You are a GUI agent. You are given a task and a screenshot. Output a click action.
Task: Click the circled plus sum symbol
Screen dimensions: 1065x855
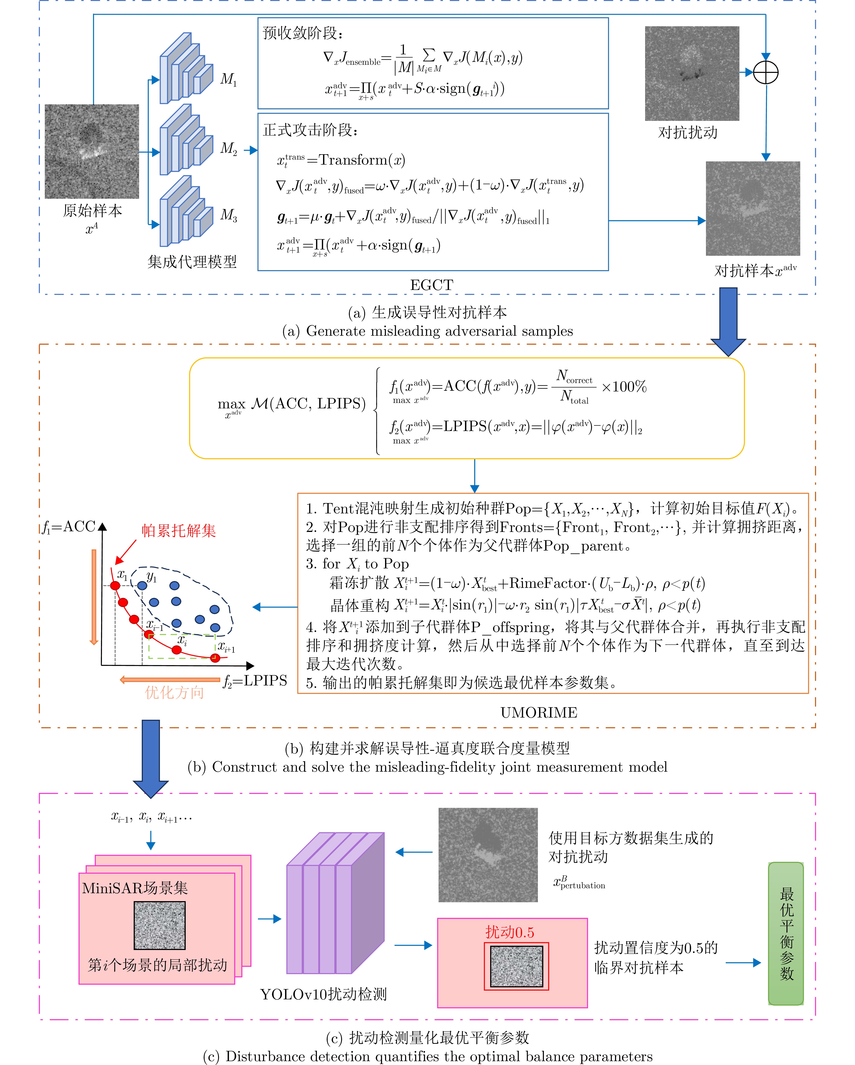click(766, 73)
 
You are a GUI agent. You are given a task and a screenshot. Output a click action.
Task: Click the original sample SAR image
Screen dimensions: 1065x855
click(92, 151)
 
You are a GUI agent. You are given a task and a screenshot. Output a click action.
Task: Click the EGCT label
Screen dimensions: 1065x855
click(431, 285)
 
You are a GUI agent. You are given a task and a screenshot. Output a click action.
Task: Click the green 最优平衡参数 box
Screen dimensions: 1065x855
click(786, 934)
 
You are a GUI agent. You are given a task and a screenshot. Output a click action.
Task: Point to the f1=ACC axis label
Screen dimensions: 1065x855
click(69, 527)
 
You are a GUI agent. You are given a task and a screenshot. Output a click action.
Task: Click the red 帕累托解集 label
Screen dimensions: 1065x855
click(179, 531)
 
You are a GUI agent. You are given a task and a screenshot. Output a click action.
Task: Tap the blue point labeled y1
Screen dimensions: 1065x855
click(142, 585)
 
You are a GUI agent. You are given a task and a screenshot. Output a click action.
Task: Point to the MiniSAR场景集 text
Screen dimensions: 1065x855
click(135, 888)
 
